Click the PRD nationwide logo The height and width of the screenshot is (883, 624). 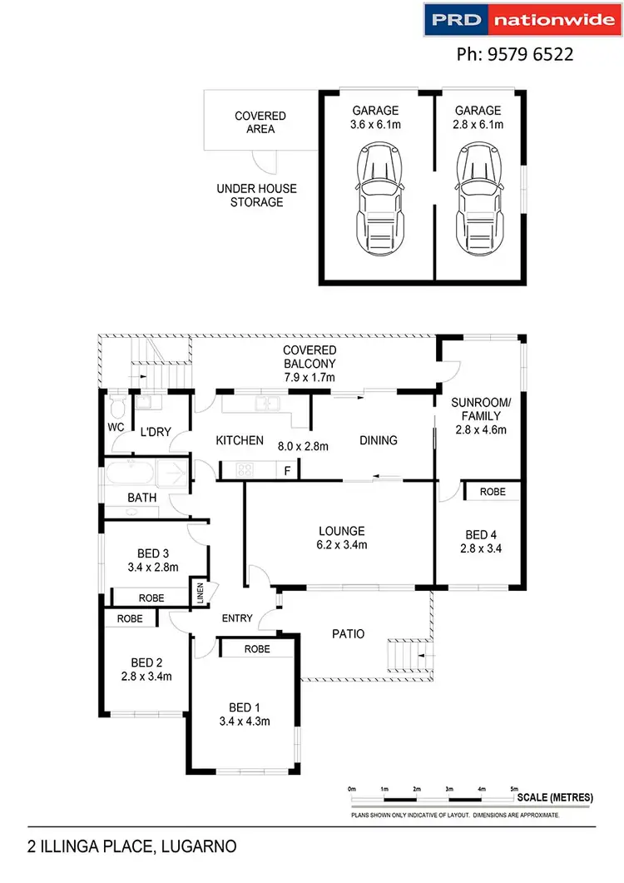pyautogui.click(x=522, y=19)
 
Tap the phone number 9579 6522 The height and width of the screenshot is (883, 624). pyautogui.click(x=530, y=54)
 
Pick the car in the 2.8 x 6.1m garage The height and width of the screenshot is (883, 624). pyautogui.click(x=479, y=199)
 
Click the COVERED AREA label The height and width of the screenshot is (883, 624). pyautogui.click(x=260, y=122)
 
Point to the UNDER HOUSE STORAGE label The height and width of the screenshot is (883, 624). pyautogui.click(x=257, y=195)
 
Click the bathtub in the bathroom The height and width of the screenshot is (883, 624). pyautogui.click(x=130, y=474)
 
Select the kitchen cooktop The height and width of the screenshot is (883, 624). pyautogui.click(x=245, y=469)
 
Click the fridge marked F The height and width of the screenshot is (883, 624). pyautogui.click(x=287, y=470)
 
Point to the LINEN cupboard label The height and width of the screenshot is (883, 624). pyautogui.click(x=200, y=593)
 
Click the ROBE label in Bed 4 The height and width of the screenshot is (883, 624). pyautogui.click(x=493, y=492)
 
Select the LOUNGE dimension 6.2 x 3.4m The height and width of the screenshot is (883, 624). pyautogui.click(x=342, y=544)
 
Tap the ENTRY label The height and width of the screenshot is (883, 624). pyautogui.click(x=237, y=618)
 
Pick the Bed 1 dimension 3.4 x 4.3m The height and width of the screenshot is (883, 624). pyautogui.click(x=245, y=722)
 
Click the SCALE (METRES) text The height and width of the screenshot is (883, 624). pyautogui.click(x=555, y=797)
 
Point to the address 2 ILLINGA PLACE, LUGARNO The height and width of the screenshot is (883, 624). pyautogui.click(x=131, y=846)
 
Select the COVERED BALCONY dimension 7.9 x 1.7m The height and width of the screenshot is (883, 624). pyautogui.click(x=310, y=377)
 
